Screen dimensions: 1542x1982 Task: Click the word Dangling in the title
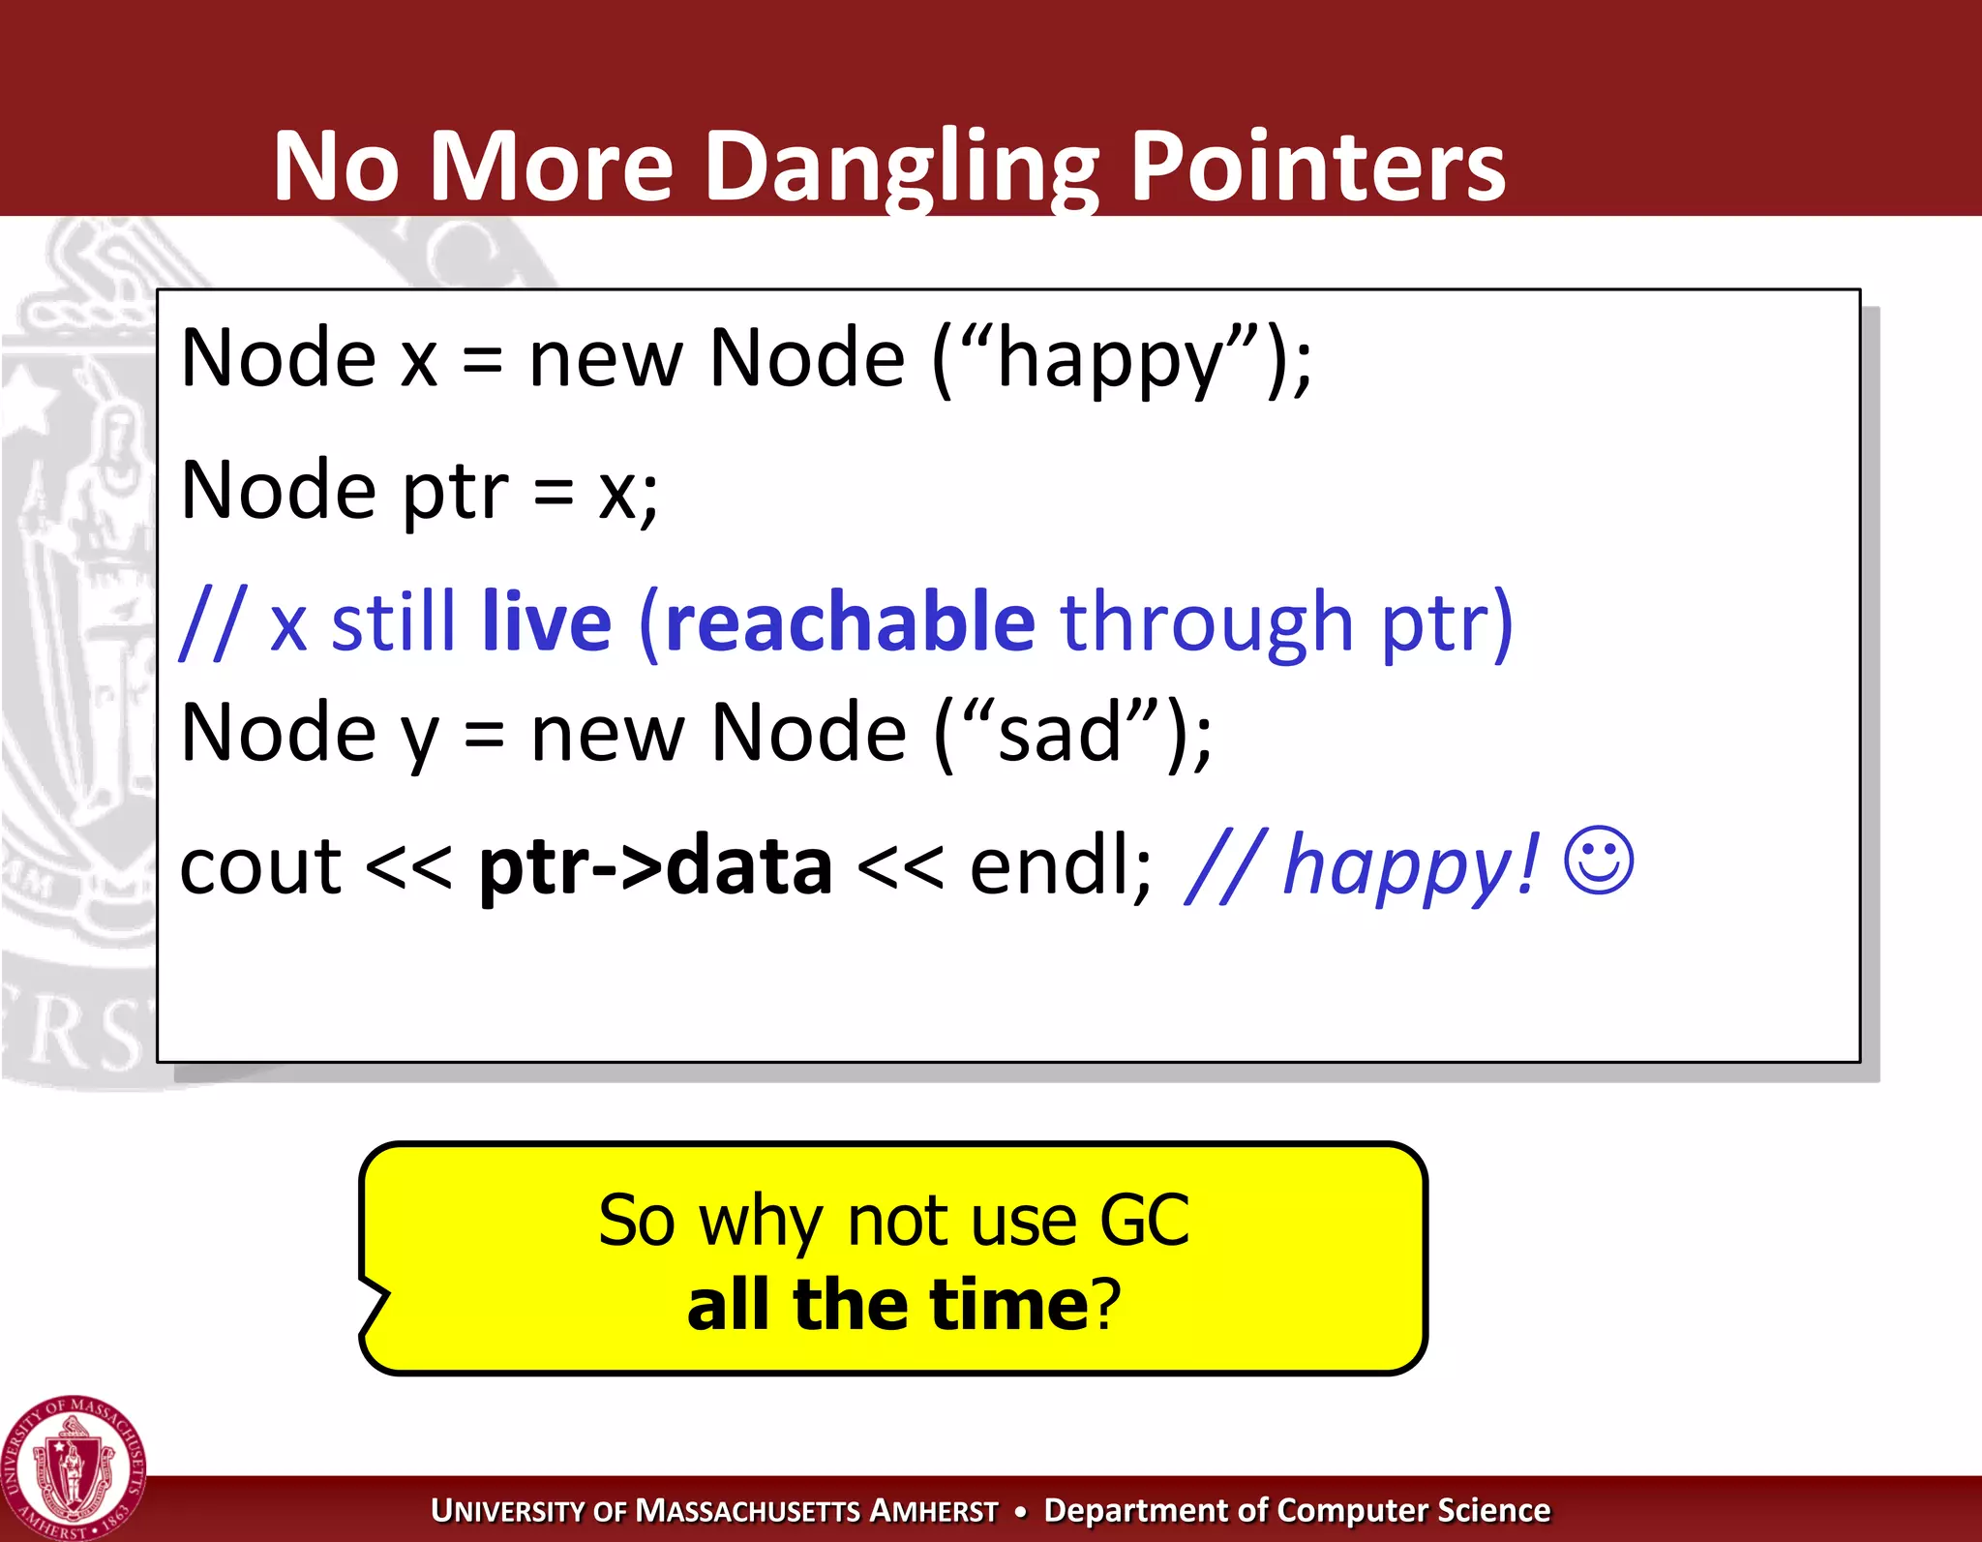click(902, 166)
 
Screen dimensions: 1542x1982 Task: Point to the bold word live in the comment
click(547, 621)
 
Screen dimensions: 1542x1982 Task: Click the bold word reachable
click(850, 621)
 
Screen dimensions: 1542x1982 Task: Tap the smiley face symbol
click(1599, 861)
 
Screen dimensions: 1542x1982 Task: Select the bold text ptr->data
click(655, 864)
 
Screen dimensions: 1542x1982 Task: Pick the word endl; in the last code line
click(1061, 864)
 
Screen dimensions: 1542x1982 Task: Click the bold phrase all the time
click(888, 1305)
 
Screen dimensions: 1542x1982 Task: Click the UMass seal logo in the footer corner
click(73, 1467)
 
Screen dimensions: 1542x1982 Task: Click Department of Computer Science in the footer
click(1297, 1511)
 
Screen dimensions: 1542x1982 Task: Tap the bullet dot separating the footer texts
click(1020, 1511)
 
